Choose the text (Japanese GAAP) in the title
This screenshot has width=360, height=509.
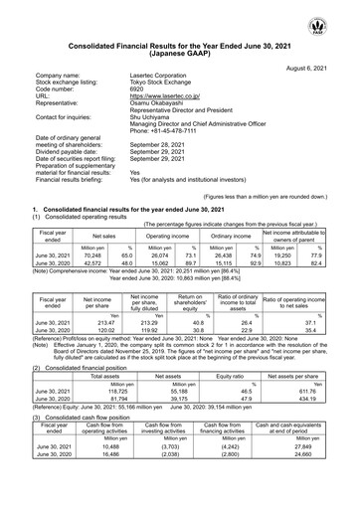(180, 39)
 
